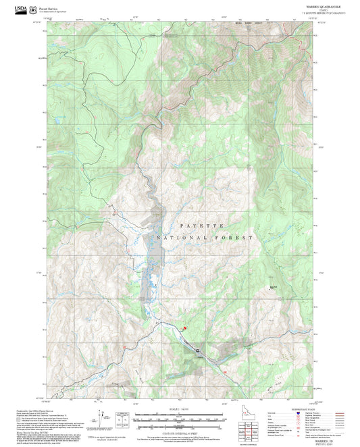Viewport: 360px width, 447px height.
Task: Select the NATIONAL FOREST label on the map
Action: click(205, 238)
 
